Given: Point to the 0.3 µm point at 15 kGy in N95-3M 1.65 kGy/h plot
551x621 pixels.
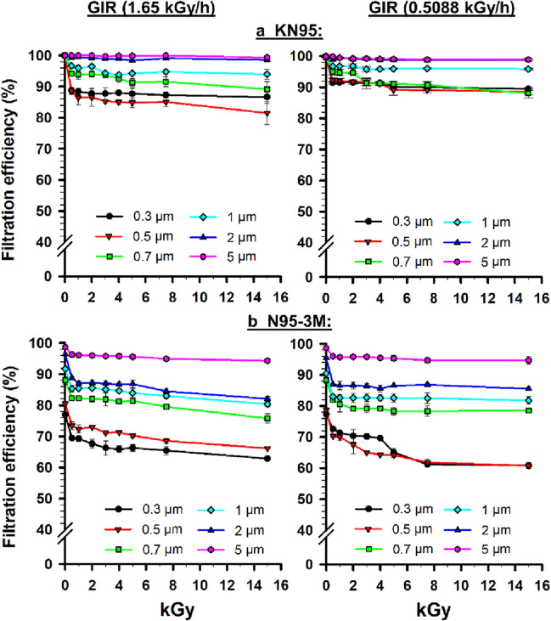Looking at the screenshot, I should (267, 459).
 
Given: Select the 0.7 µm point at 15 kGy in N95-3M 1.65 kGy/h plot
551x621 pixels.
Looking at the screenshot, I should (267, 418).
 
